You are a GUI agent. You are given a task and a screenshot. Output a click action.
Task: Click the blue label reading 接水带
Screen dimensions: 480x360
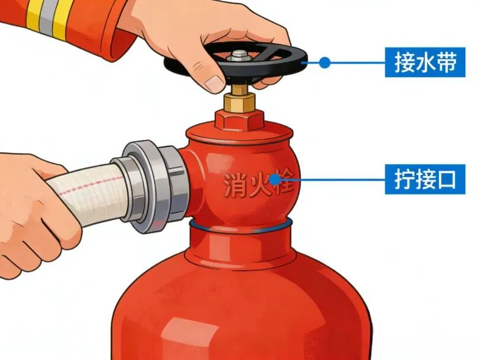click(x=425, y=62)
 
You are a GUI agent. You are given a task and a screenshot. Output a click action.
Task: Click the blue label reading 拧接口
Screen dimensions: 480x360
click(x=425, y=179)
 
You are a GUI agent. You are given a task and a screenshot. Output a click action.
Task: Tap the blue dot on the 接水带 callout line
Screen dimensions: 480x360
click(x=325, y=63)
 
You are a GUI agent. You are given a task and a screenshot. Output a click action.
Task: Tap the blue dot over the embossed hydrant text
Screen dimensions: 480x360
click(x=275, y=179)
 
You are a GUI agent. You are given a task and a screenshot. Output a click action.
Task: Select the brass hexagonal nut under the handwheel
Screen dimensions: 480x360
click(x=239, y=102)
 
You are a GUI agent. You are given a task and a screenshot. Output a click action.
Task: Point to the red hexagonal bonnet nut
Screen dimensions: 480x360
click(x=239, y=120)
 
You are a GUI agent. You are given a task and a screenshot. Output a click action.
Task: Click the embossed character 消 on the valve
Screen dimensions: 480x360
click(x=234, y=184)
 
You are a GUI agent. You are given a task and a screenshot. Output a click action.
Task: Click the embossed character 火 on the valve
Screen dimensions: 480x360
click(x=259, y=184)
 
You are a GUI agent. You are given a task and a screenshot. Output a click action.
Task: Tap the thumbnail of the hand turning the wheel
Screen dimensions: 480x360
click(x=215, y=84)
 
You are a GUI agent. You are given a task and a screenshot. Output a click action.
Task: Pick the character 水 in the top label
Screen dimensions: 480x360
click(x=425, y=62)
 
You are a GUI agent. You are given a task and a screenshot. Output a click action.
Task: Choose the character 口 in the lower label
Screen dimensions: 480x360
click(x=445, y=179)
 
